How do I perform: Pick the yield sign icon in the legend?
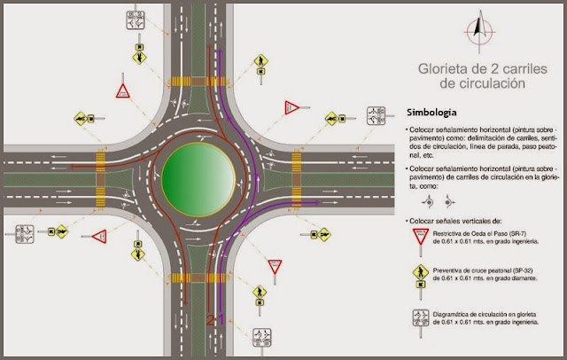coord(417,238)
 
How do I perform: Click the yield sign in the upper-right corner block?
coord(291,106)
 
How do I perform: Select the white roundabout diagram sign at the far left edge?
coord(24,234)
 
